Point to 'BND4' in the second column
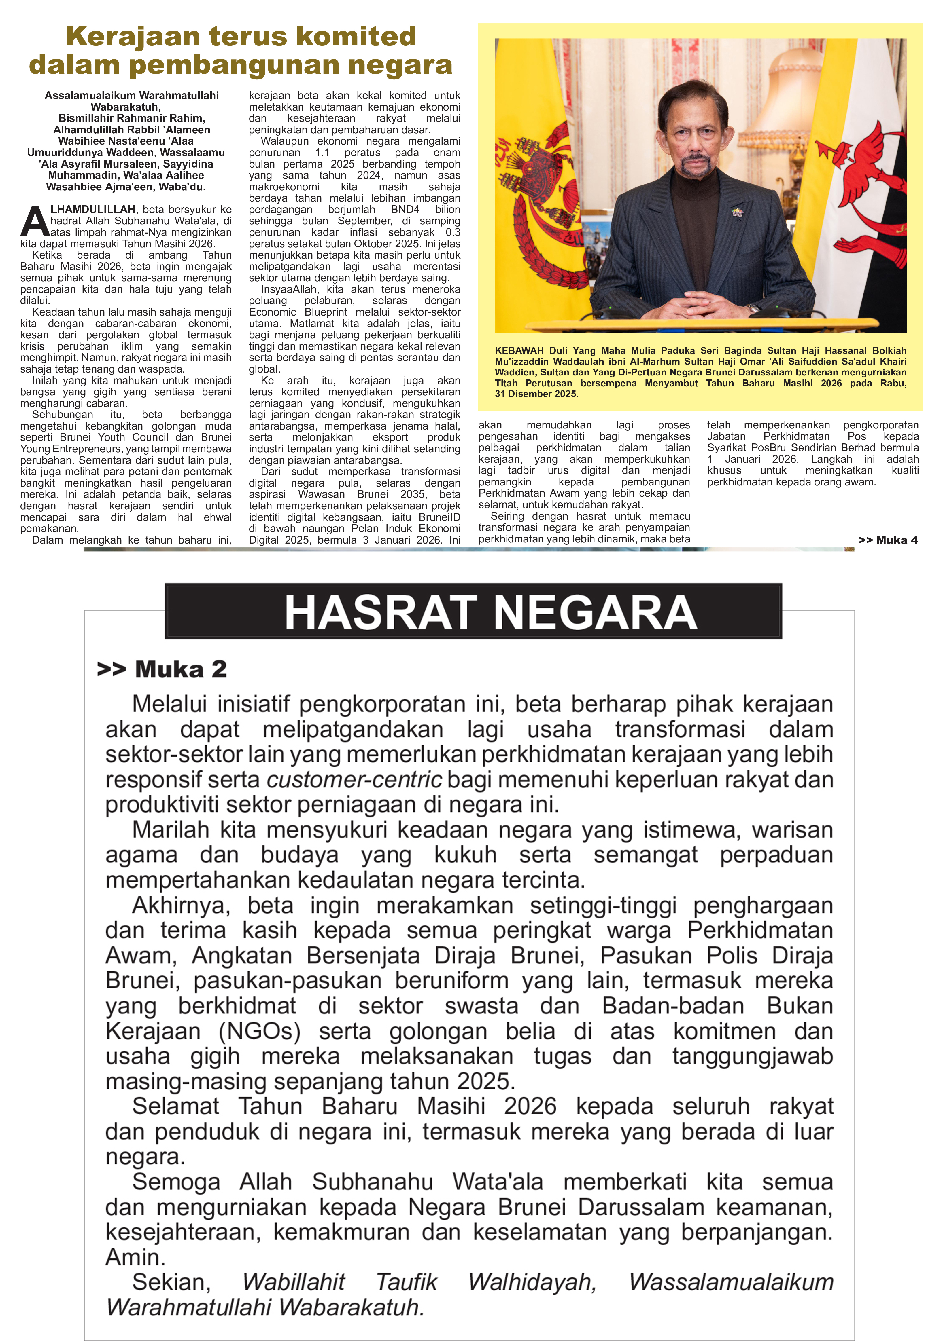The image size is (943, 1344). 405,210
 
